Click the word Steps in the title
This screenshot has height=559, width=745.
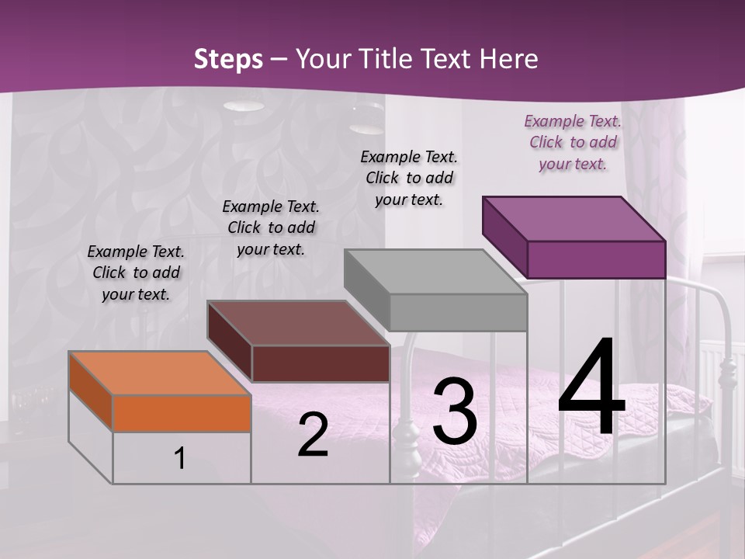point(228,59)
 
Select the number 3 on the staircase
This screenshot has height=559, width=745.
point(455,411)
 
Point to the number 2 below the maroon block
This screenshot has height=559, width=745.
point(313,436)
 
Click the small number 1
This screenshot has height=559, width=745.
point(179,459)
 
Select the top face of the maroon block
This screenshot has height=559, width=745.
point(299,323)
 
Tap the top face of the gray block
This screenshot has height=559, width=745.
point(435,272)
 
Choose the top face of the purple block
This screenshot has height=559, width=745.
point(574,218)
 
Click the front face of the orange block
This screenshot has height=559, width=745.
point(182,413)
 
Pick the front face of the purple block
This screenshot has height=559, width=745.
point(596,259)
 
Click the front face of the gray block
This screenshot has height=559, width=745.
point(458,312)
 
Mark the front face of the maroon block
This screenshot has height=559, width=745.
point(321,363)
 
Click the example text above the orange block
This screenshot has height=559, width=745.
point(136,273)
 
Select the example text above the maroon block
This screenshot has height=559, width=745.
point(271,227)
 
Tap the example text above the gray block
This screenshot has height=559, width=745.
point(409,178)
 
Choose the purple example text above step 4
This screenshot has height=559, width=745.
point(573,142)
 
